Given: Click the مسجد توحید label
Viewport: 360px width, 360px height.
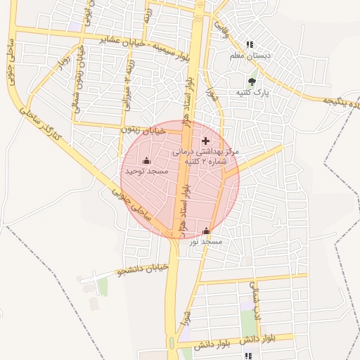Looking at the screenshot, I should pos(145,171).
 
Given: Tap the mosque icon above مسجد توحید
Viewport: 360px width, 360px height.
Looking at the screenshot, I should pos(146,161).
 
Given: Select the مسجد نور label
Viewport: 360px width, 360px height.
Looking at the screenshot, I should pos(205,241).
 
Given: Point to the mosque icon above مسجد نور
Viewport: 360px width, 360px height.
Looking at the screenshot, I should pos(206,231).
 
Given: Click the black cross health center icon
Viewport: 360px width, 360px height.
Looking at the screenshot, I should pos(205,141).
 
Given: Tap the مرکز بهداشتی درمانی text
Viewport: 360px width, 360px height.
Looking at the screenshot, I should pos(206,151).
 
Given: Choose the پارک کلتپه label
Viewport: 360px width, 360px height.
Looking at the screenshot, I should pos(252,92).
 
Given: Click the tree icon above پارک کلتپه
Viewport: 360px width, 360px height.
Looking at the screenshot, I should pos(252,82).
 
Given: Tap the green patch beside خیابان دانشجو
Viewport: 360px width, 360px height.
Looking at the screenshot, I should pos(103,286).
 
